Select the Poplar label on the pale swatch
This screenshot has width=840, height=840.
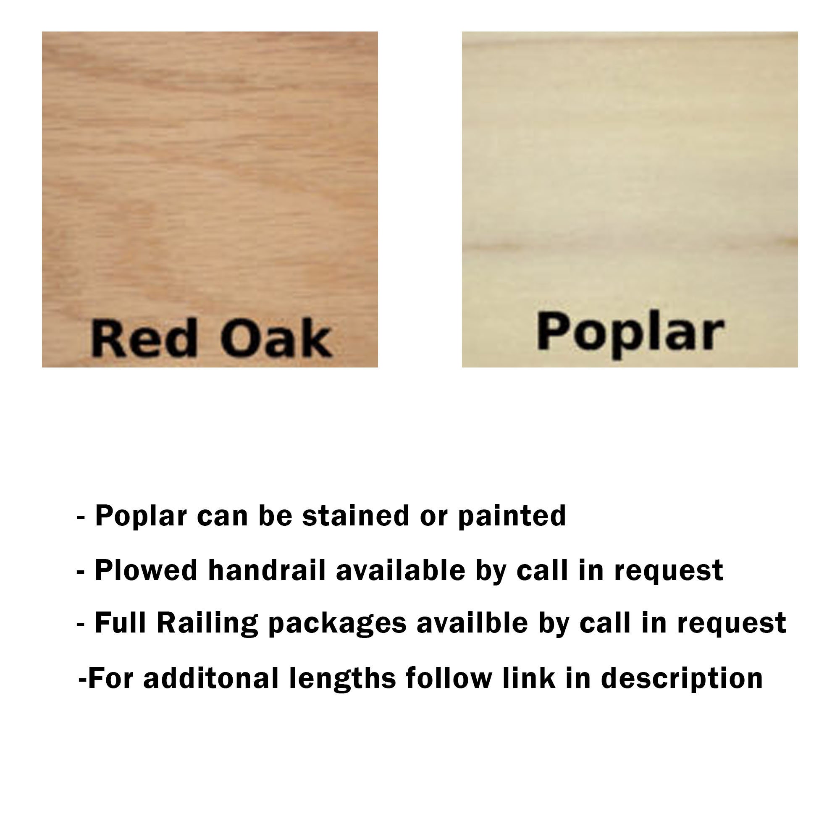click(x=630, y=333)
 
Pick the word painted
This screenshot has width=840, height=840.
click(x=512, y=517)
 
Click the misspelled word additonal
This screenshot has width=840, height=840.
click(x=211, y=678)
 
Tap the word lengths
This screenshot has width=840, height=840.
click(x=343, y=679)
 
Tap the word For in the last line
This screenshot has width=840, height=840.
click(x=110, y=678)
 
